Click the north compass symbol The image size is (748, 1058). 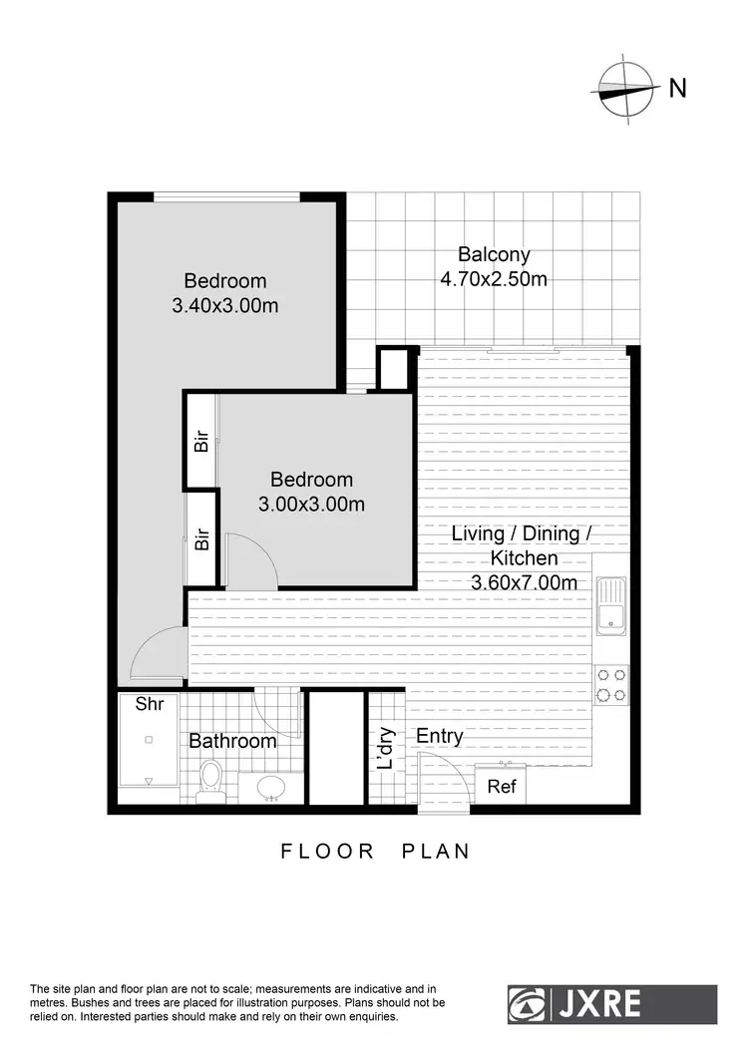click(625, 89)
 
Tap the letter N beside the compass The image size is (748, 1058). click(678, 89)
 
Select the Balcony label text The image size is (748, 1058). click(494, 254)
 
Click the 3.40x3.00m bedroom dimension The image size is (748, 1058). click(225, 306)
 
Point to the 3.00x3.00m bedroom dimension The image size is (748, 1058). click(311, 505)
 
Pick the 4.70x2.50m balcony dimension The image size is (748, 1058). click(494, 279)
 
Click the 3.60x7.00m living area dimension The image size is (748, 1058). click(524, 583)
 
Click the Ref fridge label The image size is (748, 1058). click(502, 787)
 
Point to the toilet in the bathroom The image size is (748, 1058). click(209, 778)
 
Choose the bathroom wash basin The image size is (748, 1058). click(271, 788)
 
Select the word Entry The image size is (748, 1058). click(440, 737)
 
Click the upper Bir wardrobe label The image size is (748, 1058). click(202, 442)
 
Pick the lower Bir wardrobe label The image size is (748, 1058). click(202, 540)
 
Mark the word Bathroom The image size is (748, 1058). click(232, 742)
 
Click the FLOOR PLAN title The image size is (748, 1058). click(375, 852)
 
